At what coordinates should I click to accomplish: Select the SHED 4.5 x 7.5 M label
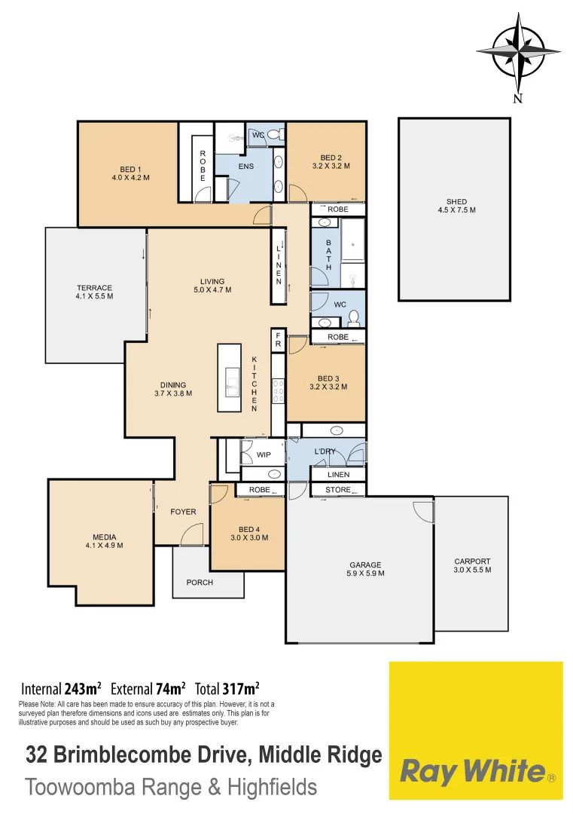[456, 206]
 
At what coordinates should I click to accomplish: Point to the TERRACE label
[94, 292]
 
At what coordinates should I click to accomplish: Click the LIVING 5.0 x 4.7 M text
[212, 286]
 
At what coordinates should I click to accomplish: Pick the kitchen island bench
[229, 378]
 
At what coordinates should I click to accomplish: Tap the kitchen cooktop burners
[278, 392]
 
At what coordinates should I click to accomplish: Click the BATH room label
[329, 255]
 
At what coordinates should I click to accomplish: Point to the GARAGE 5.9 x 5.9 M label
[365, 569]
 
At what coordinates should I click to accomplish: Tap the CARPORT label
[472, 565]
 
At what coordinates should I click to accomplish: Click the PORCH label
[200, 583]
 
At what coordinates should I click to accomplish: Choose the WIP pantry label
[264, 454]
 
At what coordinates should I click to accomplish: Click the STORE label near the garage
[338, 490]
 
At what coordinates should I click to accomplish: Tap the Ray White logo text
[472, 771]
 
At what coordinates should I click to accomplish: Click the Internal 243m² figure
[62, 688]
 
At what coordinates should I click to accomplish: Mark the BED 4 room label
[248, 533]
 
